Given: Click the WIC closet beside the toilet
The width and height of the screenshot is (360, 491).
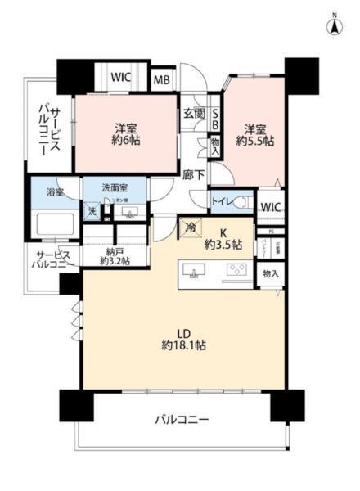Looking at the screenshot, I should tap(269, 208).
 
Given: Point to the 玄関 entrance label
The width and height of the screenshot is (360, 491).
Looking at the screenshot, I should tap(193, 114).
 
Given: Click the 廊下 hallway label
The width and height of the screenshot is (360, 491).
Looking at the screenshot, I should tap(193, 173).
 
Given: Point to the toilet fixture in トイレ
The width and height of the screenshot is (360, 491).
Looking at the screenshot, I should tap(244, 201).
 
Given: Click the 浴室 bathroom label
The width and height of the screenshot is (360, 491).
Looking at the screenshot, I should tap(55, 193).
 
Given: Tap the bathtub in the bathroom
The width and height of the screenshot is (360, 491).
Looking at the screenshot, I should tap(55, 223).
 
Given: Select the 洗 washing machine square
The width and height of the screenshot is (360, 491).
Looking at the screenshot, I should tap(92, 211).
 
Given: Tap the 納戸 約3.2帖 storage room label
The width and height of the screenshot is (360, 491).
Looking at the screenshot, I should tap(115, 255).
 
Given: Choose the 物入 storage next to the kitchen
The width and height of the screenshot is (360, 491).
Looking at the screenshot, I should tap(269, 273).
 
